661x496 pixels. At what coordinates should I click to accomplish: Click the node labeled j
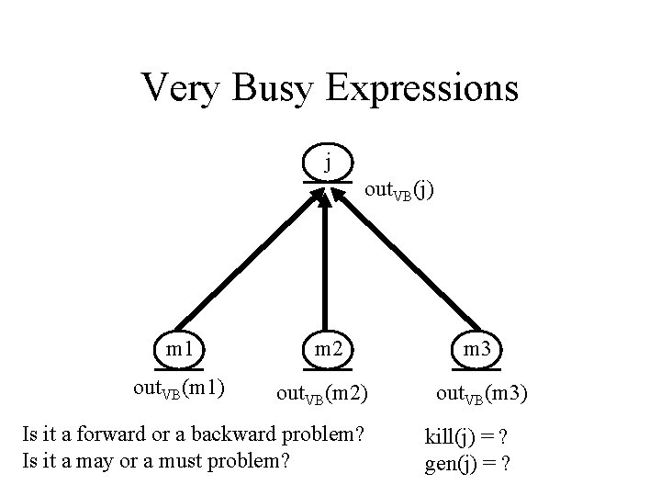click(x=328, y=165)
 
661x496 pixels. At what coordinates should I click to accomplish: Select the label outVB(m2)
click(x=323, y=396)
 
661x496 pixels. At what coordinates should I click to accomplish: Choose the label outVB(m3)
click(x=482, y=396)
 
